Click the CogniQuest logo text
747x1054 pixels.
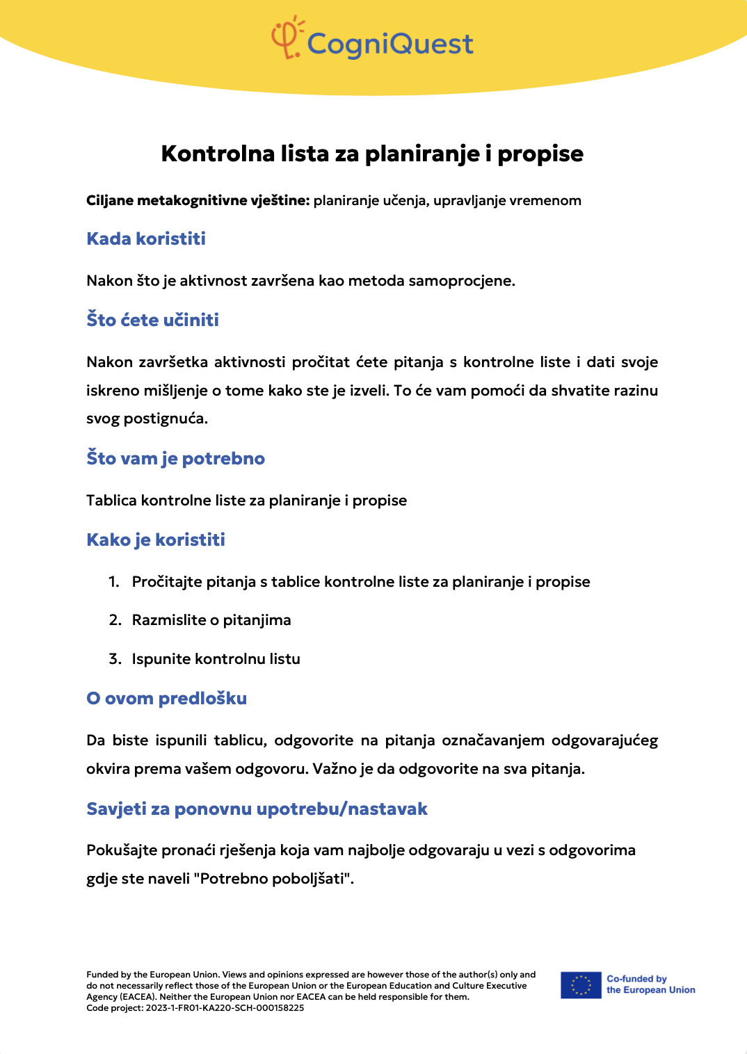point(389,44)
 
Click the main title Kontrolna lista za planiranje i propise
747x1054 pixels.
point(372,154)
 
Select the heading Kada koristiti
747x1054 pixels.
point(146,239)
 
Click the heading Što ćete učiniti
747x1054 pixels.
point(152,320)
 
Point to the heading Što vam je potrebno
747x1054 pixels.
point(175,459)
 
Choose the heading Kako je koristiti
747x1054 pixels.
point(156,540)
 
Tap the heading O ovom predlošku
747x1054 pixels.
point(166,699)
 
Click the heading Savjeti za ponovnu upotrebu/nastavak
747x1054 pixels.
point(257,809)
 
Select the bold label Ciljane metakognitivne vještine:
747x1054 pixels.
point(198,201)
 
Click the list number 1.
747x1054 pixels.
point(113,582)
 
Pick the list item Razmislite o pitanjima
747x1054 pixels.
point(211,620)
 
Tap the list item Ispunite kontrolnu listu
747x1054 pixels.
point(216,659)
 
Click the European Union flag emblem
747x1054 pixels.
point(581,985)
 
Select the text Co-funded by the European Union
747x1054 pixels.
point(650,984)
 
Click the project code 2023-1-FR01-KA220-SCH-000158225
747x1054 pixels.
point(225,1008)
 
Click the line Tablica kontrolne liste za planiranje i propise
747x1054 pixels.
point(246,501)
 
